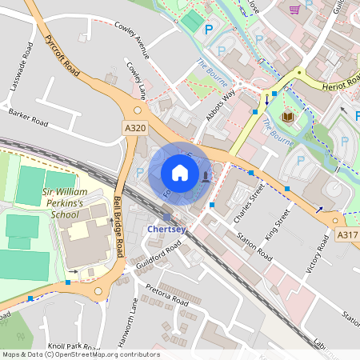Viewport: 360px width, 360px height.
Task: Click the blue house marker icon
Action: point(180,172)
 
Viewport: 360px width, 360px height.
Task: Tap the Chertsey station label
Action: point(166,230)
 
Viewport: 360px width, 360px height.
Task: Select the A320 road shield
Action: point(134,127)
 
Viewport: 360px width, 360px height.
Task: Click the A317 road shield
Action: point(347,234)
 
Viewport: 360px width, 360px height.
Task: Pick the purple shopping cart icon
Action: point(294,10)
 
